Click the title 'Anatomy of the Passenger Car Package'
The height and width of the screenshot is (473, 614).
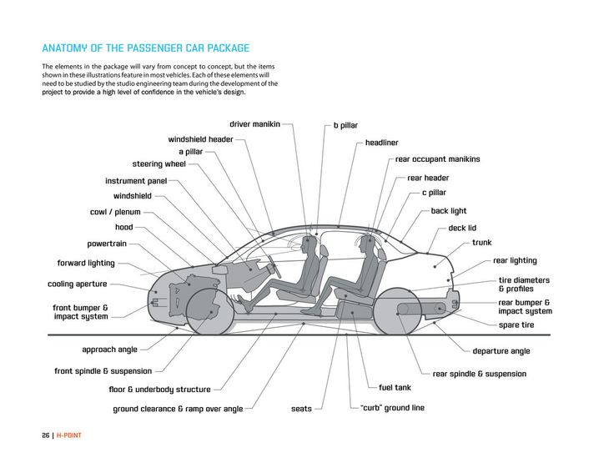146,48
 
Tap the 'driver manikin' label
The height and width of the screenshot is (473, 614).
254,124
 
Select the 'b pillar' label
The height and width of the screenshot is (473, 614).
345,126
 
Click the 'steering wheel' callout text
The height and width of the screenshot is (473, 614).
159,164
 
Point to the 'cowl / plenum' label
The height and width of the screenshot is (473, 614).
115,212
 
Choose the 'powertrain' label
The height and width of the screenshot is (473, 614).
107,244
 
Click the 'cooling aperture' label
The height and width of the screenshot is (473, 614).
77,284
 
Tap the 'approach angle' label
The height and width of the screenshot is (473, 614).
109,350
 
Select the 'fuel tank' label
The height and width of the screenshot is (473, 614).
395,388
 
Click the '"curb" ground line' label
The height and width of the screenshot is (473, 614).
392,408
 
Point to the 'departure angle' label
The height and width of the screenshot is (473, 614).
501,351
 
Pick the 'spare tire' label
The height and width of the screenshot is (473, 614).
516,325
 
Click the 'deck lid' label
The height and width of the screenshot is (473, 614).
462,228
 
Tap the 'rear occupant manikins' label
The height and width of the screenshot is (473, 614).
437,159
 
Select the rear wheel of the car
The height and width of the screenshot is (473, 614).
398,312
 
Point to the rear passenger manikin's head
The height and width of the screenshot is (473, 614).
367,243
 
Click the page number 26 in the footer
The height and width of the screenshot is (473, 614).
46,435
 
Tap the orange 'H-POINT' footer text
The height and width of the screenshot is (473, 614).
69,435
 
